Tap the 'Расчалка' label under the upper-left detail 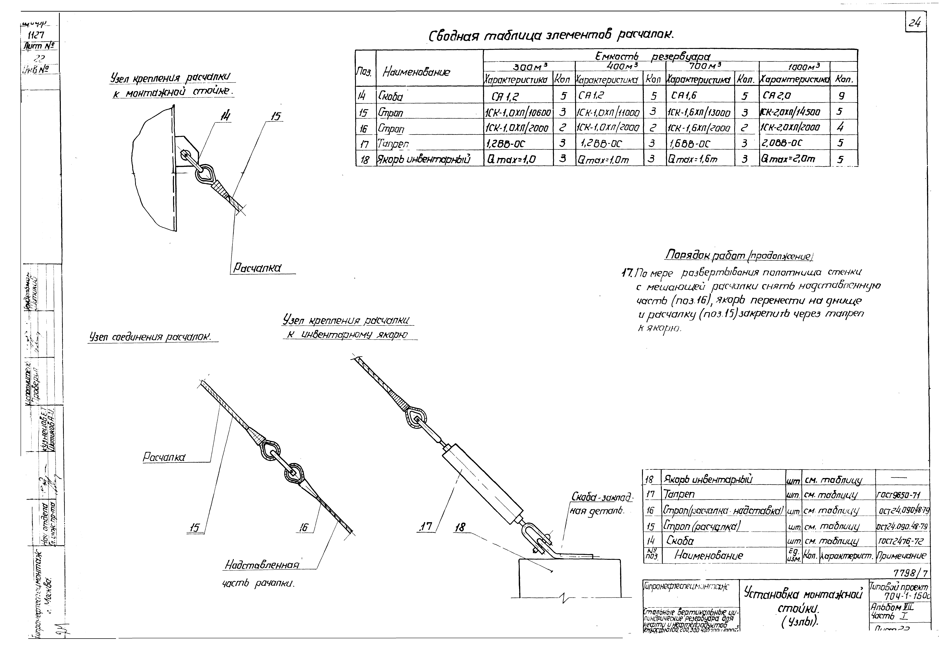coord(257,268)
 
